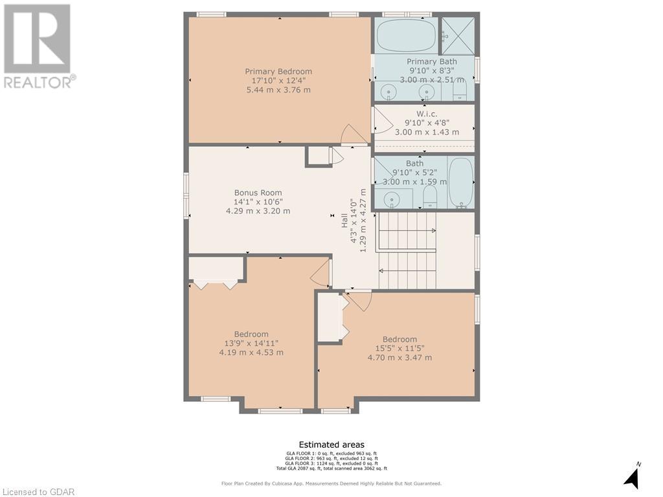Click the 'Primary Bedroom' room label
tap(278, 71)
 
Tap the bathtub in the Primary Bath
tap(406, 35)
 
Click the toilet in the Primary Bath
tap(460, 90)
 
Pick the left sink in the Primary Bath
tap(388, 93)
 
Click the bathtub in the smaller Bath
tap(460, 183)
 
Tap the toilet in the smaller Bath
tap(430, 197)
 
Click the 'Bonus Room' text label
tap(258, 192)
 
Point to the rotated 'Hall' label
tap(344, 220)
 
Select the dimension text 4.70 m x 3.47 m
tap(399, 357)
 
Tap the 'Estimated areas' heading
tap(331, 445)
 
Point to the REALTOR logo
tap(38, 45)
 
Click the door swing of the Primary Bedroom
tap(354, 135)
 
